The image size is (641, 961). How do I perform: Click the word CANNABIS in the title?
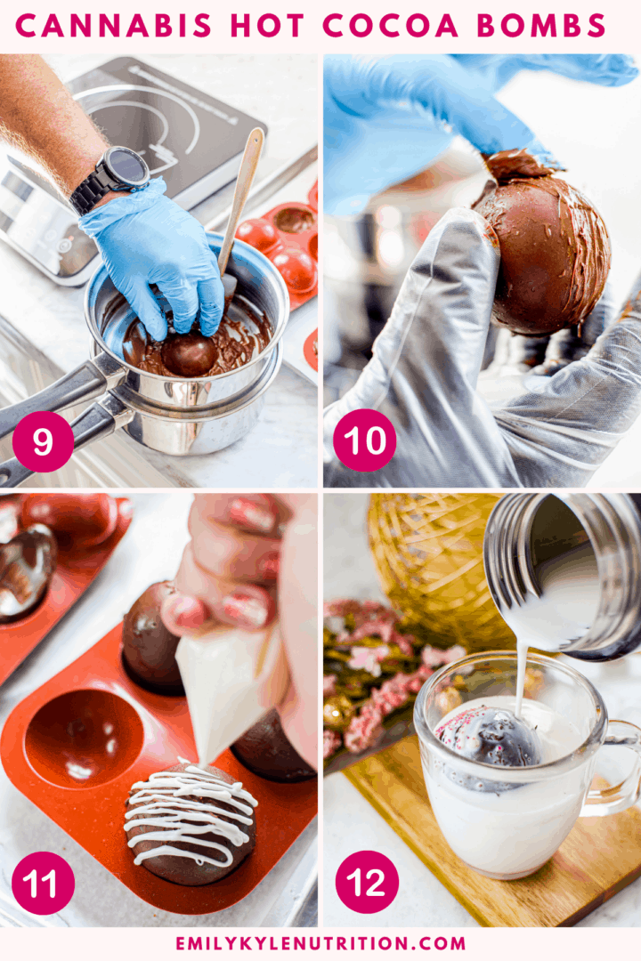click(x=114, y=26)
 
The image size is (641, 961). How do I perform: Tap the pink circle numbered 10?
click(x=364, y=440)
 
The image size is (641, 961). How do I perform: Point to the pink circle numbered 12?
click(x=365, y=882)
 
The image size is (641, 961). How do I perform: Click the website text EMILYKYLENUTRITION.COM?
click(x=320, y=943)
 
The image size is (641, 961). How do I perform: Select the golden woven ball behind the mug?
click(x=427, y=561)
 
